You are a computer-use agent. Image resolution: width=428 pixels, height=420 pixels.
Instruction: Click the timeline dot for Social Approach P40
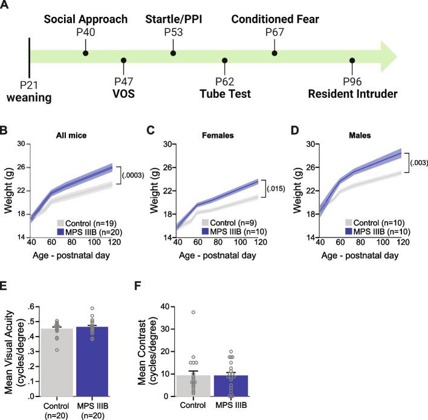[x=85, y=54]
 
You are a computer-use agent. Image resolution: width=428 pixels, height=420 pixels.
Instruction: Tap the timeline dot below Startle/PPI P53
[x=173, y=54]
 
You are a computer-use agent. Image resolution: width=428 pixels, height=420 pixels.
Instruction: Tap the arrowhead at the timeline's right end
[x=387, y=57]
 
